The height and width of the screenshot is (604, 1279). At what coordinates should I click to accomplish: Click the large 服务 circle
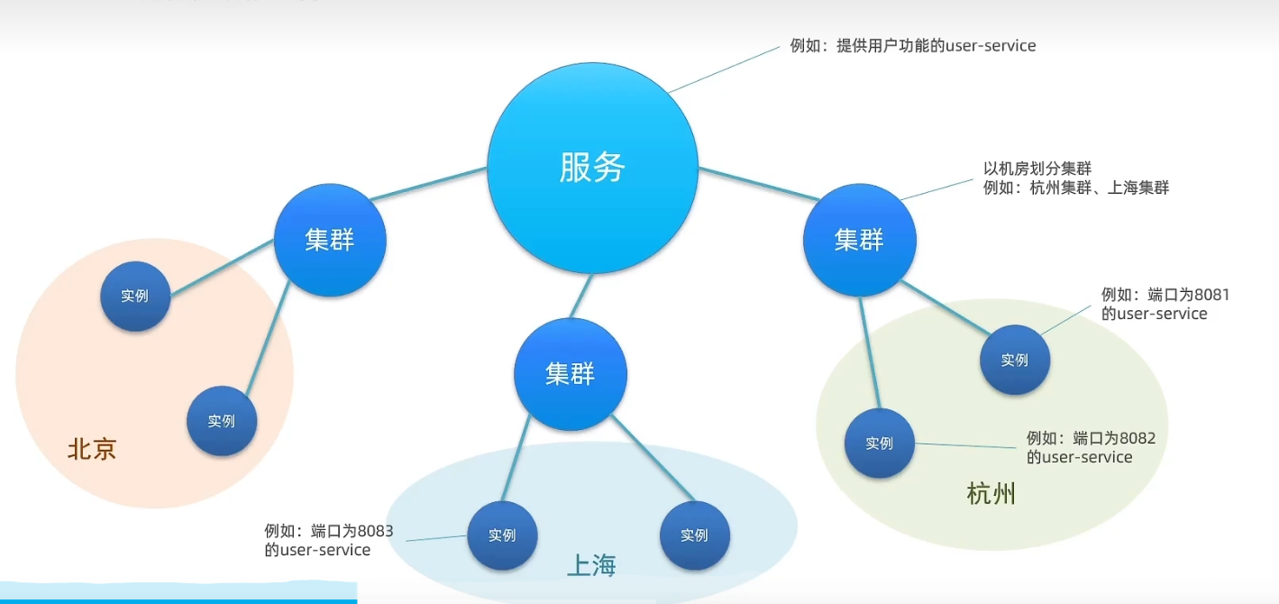592,168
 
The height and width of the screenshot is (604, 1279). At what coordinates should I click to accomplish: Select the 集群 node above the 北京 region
330,240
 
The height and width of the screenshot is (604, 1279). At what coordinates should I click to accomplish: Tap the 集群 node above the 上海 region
570,374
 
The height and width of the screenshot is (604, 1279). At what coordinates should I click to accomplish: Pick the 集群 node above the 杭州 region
859,240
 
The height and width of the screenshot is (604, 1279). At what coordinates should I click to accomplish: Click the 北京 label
92,449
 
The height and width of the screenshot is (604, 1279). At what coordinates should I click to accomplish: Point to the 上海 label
591,565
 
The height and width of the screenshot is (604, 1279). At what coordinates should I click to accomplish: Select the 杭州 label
991,494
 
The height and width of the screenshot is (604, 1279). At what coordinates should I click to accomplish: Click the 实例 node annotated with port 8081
1015,360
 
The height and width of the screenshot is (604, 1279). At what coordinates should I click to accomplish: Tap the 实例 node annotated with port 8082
879,443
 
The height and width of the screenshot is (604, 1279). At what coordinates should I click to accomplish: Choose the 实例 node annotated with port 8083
502,535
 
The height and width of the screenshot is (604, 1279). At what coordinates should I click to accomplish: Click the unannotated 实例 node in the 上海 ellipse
694,535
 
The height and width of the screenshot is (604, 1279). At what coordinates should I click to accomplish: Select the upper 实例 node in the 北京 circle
135,296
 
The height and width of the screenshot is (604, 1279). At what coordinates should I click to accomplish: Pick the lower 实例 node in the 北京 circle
222,420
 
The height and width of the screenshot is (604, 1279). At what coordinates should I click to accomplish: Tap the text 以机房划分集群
1037,169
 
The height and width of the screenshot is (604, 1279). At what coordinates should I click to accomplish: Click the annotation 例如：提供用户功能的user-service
913,45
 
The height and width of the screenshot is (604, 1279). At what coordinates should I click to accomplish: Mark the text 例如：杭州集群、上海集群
1076,188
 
